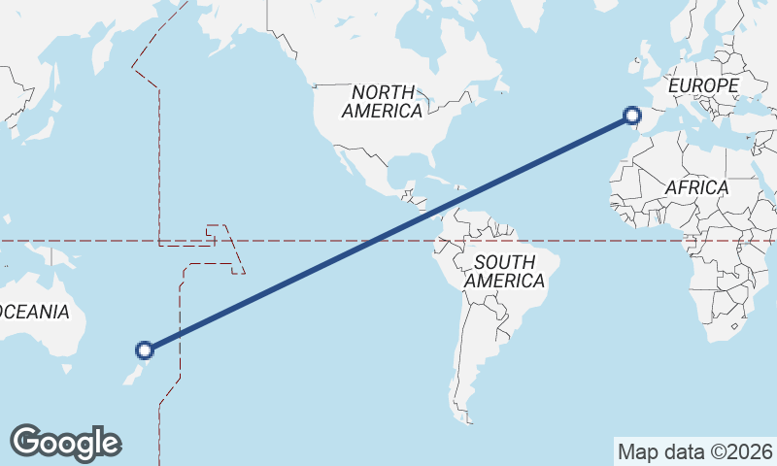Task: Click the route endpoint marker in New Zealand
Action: pos(145,350)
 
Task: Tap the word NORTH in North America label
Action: pos(383,92)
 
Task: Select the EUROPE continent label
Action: pos(703,86)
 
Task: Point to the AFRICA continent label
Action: pos(696,187)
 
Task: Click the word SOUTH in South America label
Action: pos(504,262)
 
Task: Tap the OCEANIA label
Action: pos(35,312)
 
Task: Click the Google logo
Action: pos(65,442)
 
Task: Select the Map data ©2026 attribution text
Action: pos(695,451)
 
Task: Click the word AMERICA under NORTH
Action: pos(382,111)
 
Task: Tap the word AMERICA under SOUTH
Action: pos(504,281)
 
